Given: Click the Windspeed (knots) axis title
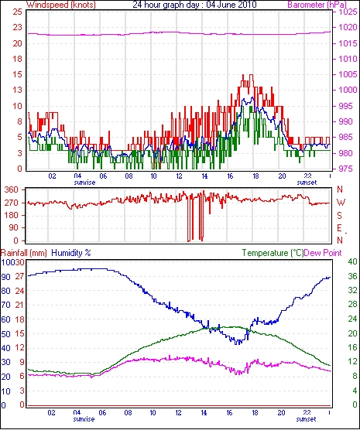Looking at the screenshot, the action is (61, 5).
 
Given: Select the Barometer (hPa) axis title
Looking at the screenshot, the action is (317, 5).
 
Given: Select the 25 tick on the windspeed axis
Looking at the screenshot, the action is (17, 12).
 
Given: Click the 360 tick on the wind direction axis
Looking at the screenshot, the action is (12, 189).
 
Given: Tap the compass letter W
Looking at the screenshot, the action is (341, 203).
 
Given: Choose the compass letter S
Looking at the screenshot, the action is (340, 216).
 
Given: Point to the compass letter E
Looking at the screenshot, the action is (339, 228).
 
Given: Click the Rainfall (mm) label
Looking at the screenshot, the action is (24, 253).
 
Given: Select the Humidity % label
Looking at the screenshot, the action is (71, 253).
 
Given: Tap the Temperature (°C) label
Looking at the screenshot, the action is (273, 253).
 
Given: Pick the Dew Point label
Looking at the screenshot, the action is (323, 253).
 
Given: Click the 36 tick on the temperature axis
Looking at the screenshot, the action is (352, 276).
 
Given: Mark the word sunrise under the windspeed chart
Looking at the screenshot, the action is (84, 183).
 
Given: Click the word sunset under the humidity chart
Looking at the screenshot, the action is (306, 419).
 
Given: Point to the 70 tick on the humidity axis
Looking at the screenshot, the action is (5, 305).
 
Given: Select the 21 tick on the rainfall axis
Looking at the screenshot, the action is (19, 305).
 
